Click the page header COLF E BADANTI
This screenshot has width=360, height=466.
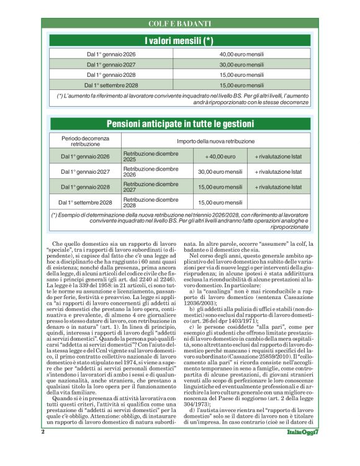point(179,24)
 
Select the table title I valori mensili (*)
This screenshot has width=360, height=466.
point(179,41)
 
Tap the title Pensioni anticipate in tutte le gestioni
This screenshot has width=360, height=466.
point(179,124)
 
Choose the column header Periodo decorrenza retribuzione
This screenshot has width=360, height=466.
point(85,140)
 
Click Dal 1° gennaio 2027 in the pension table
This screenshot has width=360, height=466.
point(85,172)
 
